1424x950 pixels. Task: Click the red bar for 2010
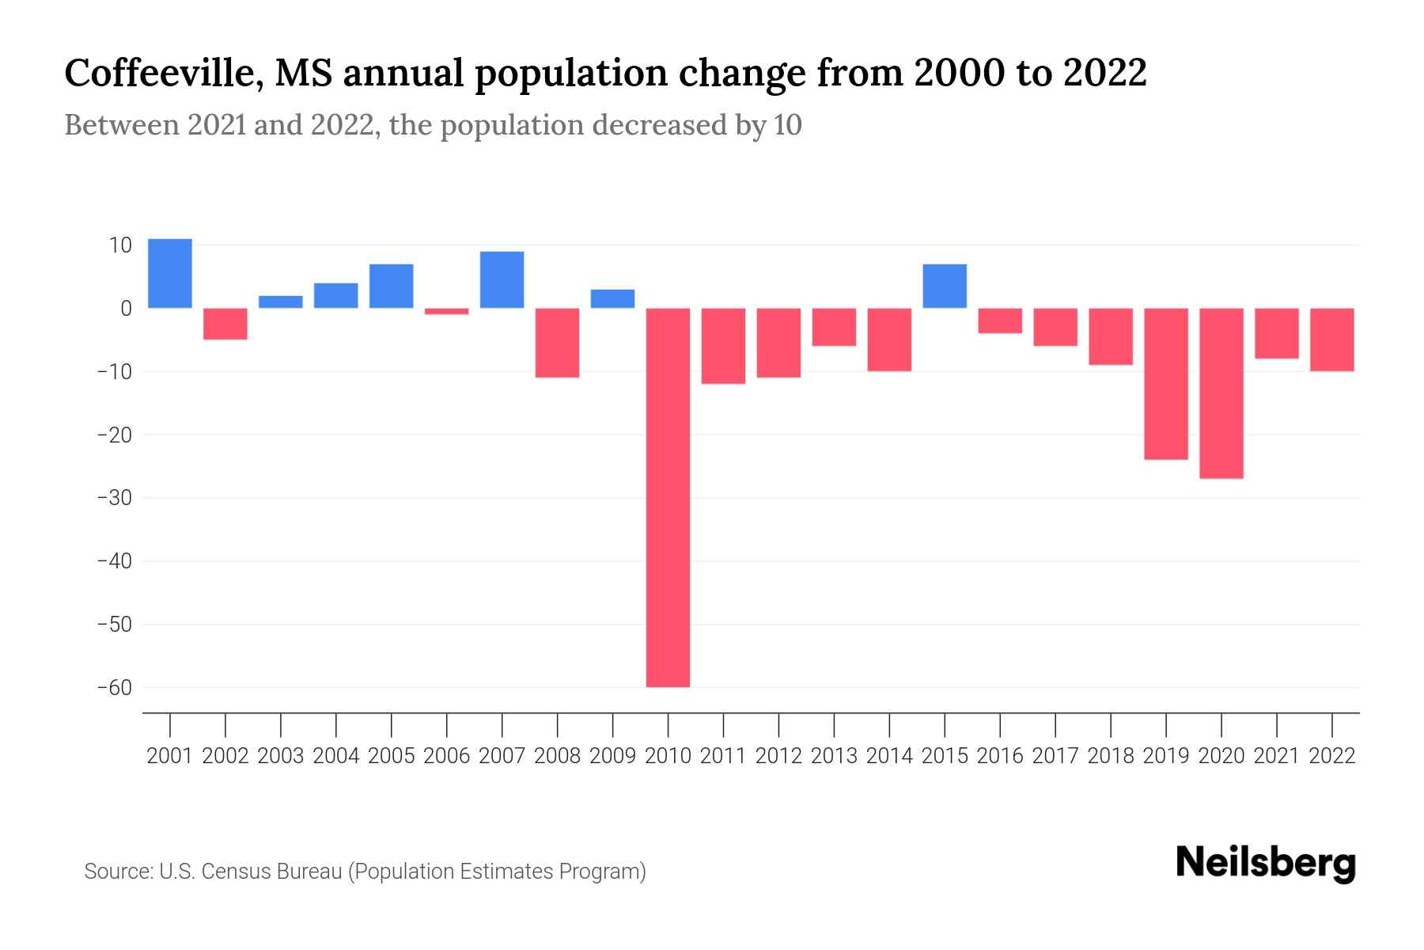tap(668, 497)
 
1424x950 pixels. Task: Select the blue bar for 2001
tap(170, 273)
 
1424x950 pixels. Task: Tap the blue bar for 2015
tap(945, 286)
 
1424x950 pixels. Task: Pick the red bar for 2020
tap(1221, 393)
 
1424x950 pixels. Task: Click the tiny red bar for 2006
tap(447, 311)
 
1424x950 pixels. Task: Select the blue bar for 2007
tap(502, 279)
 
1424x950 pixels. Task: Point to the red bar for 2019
tap(1165, 383)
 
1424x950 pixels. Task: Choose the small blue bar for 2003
tap(281, 302)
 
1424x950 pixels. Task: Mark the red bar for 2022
tap(1331, 340)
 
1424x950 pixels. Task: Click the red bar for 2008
tap(557, 342)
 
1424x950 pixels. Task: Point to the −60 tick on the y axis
tap(114, 687)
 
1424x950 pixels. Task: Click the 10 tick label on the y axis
tap(120, 245)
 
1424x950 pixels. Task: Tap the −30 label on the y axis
tap(114, 498)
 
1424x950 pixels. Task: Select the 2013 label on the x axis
tap(834, 756)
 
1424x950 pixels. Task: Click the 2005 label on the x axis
tap(392, 756)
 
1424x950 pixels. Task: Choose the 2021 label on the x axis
tap(1276, 756)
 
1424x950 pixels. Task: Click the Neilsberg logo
tap(1266, 863)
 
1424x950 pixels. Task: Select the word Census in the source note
tap(234, 872)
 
